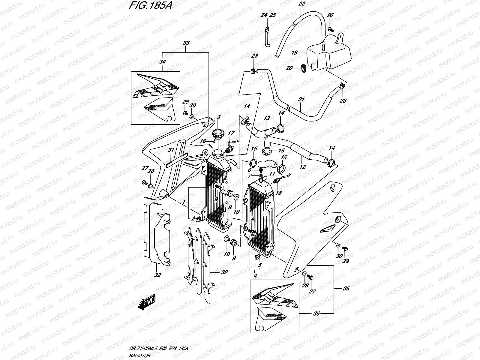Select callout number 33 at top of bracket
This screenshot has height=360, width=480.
point(186,43)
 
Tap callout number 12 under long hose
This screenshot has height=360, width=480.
point(302,167)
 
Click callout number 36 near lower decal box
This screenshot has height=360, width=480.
point(317,313)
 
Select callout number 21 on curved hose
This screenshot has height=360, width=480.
point(301,99)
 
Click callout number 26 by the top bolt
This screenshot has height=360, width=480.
point(330,16)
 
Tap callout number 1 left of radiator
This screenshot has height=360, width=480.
point(184,202)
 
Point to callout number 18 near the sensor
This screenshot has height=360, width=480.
point(279,193)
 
